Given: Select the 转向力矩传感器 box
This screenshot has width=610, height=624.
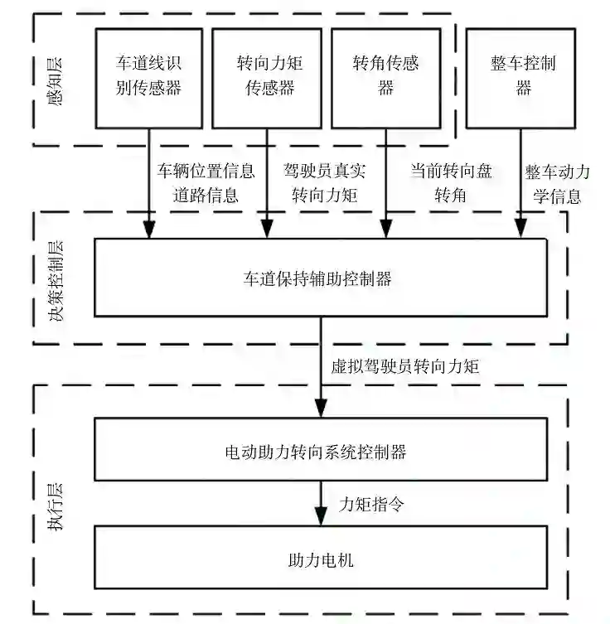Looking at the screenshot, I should point(267,77).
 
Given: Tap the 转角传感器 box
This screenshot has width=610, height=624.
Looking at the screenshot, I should point(385,77).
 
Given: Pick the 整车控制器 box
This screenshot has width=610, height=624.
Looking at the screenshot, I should point(522,77).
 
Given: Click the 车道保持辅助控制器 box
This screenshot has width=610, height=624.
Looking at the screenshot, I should point(320,278).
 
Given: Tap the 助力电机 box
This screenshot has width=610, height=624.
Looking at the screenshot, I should point(320,560).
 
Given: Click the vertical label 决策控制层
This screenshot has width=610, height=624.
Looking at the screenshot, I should point(56,279).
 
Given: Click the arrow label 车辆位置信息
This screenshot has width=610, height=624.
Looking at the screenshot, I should point(206,172).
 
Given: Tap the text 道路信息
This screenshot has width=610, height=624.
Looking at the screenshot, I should point(206,196).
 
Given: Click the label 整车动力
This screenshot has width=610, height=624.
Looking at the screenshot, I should point(557,173).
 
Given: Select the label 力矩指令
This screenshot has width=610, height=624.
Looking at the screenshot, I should point(371,504).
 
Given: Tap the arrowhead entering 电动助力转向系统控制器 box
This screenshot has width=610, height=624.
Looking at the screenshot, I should point(320,409).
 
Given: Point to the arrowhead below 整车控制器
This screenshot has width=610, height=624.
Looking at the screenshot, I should point(521,230).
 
